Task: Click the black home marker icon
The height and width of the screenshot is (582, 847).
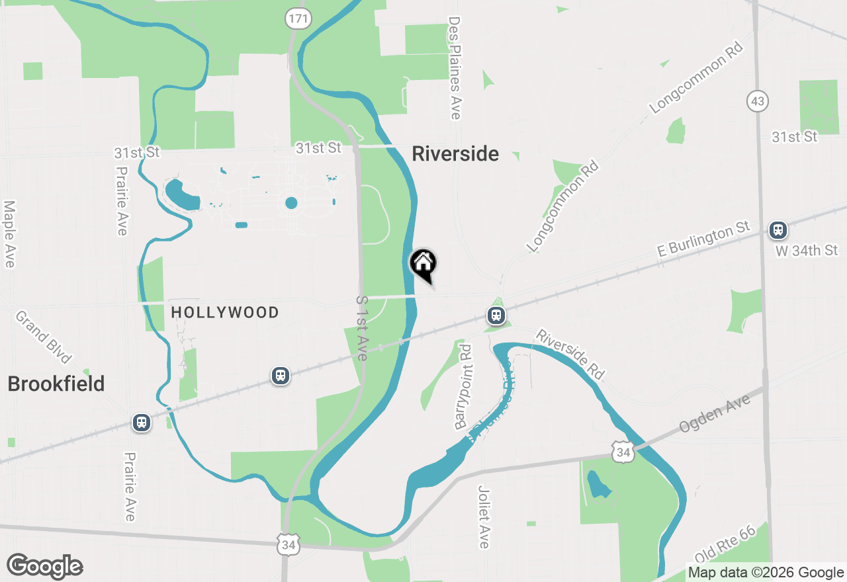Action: click(x=423, y=263)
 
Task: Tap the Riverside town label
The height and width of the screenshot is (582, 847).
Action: click(x=455, y=154)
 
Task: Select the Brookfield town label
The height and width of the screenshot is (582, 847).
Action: click(x=56, y=384)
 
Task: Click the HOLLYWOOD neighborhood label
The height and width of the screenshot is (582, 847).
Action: click(x=225, y=312)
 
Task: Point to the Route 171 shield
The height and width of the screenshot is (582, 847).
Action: click(x=298, y=19)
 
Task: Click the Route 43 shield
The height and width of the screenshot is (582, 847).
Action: click(x=758, y=101)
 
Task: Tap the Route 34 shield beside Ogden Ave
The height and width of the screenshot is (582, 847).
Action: click(x=623, y=452)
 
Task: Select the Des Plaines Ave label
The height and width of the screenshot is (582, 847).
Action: click(x=454, y=69)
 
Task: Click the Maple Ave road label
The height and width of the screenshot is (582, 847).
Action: click(x=9, y=235)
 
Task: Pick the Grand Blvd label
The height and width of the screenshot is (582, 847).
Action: click(x=44, y=338)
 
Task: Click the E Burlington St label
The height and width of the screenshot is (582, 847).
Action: click(x=704, y=239)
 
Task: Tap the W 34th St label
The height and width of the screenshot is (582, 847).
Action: click(x=807, y=250)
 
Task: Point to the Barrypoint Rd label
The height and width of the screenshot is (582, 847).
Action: click(x=463, y=387)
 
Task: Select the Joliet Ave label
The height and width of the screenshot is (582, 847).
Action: click(x=484, y=517)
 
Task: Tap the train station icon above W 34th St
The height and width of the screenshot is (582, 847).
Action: click(x=778, y=230)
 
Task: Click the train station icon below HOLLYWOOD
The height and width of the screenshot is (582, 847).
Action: click(x=281, y=376)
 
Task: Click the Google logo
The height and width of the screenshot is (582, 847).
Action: click(x=45, y=567)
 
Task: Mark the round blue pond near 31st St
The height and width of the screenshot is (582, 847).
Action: click(x=291, y=202)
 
